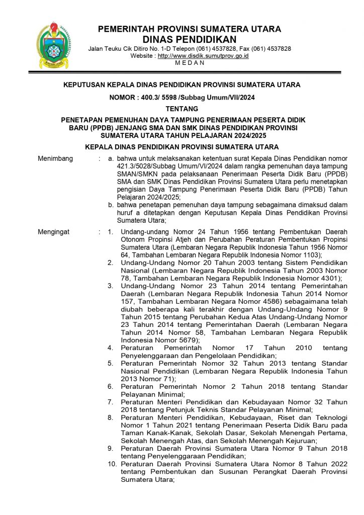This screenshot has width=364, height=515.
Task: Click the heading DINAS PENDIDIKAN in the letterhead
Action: click(x=190, y=39)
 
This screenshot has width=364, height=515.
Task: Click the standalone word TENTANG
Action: click(x=182, y=109)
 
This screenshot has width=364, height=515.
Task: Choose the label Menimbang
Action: click(x=55, y=159)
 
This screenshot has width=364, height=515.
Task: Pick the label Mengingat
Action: click(x=55, y=232)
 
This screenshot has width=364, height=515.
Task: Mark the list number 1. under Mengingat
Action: click(x=110, y=232)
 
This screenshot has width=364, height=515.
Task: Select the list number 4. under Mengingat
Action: click(x=110, y=348)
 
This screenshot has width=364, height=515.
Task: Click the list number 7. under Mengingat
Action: click(x=110, y=402)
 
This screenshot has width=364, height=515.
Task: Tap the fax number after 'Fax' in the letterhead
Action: click(x=273, y=49)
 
